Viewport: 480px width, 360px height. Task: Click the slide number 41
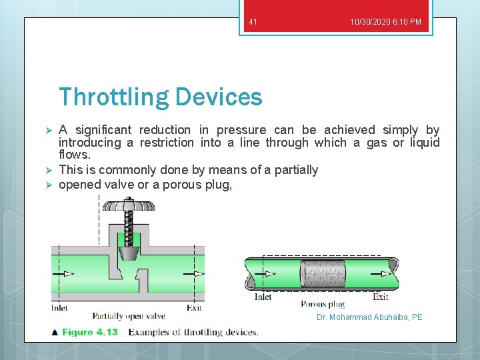pyautogui.click(x=253, y=22)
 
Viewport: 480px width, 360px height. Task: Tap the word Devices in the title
pyautogui.click(x=219, y=97)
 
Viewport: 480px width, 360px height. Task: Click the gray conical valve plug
pyautogui.click(x=128, y=253)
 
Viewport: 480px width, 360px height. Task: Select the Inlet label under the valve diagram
pyautogui.click(x=60, y=308)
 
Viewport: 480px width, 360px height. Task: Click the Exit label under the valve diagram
pyautogui.click(x=194, y=308)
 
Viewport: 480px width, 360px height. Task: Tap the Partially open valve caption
pyautogui.click(x=129, y=315)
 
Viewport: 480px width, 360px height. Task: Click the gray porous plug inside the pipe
pyautogui.click(x=323, y=273)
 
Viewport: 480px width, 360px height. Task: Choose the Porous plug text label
pyautogui.click(x=323, y=304)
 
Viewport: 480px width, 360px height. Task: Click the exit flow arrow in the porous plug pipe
pyautogui.click(x=385, y=273)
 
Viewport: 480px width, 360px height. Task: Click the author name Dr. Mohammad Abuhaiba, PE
pyautogui.click(x=369, y=317)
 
